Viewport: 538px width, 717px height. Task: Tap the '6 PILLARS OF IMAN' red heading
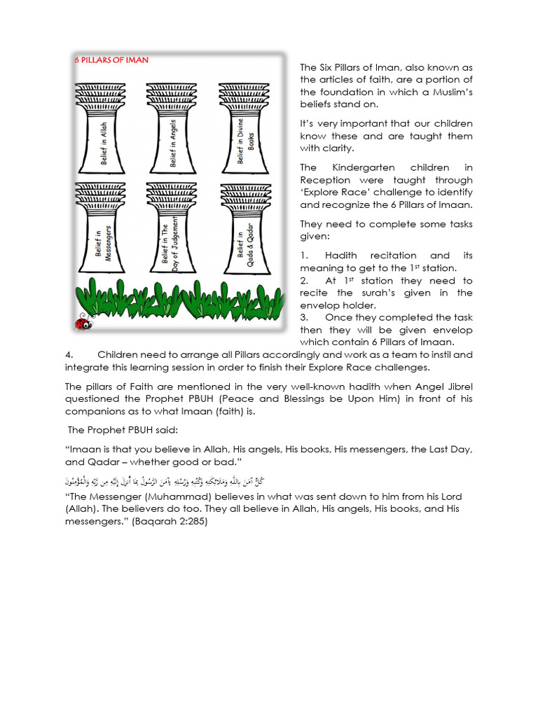tap(112, 60)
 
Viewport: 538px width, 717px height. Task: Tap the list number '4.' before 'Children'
tap(69, 354)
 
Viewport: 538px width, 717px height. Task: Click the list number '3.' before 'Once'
tap(304, 317)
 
